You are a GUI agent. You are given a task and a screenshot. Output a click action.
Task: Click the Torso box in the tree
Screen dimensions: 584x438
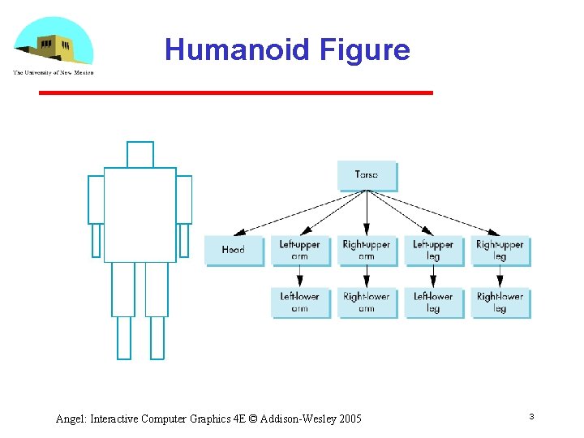pos(367,175)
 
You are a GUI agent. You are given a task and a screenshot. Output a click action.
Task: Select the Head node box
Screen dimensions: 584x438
pos(234,250)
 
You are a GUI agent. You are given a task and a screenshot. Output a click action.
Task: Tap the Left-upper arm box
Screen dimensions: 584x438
pos(300,250)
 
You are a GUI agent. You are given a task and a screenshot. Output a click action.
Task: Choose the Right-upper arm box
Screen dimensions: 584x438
pos(367,250)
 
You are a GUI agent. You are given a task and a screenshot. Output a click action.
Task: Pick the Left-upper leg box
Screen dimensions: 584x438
pos(433,250)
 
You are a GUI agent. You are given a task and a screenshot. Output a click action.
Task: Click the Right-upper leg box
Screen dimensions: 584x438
pos(500,250)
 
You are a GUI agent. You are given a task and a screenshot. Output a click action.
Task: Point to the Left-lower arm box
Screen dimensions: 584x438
pos(300,302)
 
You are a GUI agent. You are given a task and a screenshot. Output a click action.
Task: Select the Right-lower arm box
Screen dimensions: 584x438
pos(367,302)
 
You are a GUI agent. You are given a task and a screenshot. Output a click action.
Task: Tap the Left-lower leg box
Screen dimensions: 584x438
pos(433,302)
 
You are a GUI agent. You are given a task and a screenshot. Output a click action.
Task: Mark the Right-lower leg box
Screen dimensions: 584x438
pos(500,302)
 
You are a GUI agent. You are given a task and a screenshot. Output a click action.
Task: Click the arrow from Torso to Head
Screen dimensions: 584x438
pos(300,213)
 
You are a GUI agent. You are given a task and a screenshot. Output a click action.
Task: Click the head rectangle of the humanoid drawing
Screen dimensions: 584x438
pos(140,154)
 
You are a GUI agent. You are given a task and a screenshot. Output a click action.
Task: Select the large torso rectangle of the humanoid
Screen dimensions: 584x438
pos(140,214)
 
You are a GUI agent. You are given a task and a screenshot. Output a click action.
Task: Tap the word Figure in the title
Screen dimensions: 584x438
pos(365,50)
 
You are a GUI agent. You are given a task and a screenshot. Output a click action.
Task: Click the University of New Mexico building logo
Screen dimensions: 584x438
pos(54,45)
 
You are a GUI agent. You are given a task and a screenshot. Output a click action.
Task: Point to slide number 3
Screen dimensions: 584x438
pos(531,417)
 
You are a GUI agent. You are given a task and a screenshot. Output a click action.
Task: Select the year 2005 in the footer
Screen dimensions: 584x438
pos(350,419)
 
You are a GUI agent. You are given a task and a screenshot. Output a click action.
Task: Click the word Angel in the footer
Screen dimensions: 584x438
pos(71,419)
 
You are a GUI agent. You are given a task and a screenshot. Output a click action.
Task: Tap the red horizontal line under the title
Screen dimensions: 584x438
pos(235,93)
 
